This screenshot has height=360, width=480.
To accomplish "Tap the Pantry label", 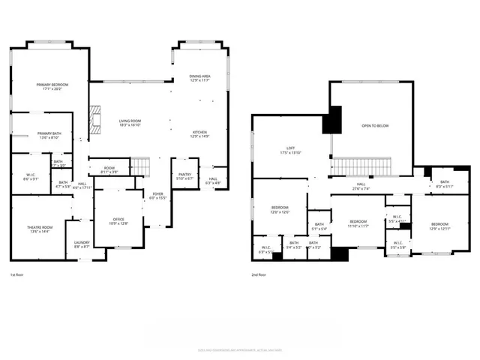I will tap(184, 176).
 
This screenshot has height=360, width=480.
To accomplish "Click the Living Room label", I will tap(130, 122).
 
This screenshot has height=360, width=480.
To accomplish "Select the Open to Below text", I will tap(376, 126).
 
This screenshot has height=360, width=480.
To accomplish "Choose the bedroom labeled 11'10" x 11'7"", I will tap(358, 223).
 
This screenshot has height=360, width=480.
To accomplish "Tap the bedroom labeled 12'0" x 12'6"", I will tap(279, 209).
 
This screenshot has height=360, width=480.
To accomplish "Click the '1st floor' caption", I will tap(18, 274).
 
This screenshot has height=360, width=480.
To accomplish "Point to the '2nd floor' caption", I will tap(260, 274).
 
